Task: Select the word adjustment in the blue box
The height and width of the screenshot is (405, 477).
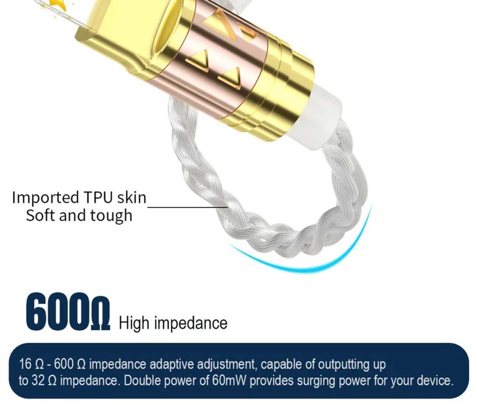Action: [x=227, y=364]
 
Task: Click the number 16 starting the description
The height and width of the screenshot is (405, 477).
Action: [x=25, y=364]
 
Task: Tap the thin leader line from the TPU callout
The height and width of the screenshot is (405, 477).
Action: [x=187, y=207]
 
